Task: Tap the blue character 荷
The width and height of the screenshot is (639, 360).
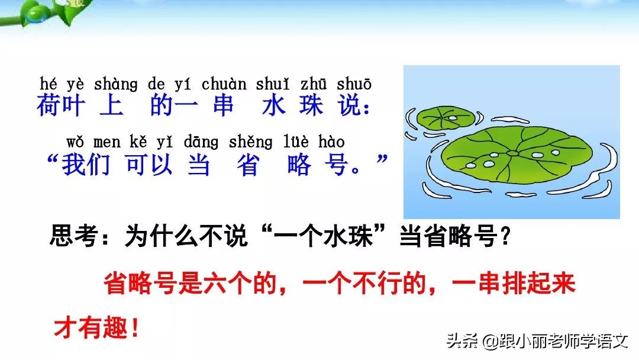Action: pos(48,106)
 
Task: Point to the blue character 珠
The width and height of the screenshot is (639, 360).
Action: pos(311,106)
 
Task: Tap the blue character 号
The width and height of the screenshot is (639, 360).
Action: pos(339,165)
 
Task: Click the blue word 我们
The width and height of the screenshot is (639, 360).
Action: pos(86,165)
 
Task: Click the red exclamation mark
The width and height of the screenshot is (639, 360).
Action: pos(134,328)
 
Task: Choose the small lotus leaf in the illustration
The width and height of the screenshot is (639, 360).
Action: pos(446,119)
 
